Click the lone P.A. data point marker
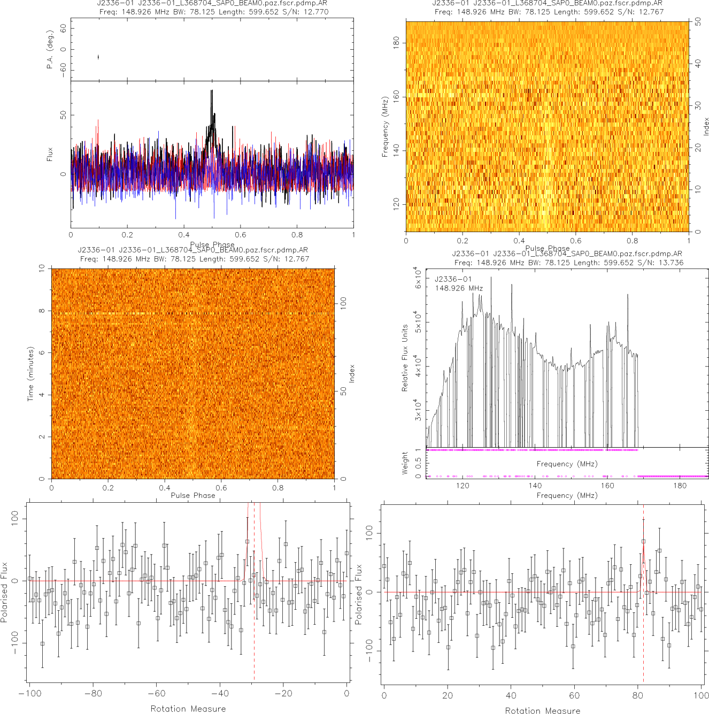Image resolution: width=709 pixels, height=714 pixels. click(98, 57)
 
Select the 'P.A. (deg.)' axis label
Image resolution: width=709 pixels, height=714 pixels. click(50, 49)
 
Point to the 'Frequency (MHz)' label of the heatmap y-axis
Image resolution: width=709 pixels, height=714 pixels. click(384, 127)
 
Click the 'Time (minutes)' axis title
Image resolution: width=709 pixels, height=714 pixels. click(30, 374)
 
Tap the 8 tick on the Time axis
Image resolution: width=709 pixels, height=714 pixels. click(42, 311)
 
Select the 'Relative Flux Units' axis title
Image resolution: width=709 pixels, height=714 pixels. click(405, 358)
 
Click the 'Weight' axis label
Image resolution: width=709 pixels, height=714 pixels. click(405, 463)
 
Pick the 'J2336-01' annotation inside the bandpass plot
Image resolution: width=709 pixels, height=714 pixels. click(453, 279)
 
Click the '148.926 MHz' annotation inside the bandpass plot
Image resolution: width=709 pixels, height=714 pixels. click(459, 288)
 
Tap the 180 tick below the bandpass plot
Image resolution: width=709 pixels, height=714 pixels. click(680, 486)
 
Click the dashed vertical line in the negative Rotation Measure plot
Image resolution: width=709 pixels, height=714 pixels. click(254, 631)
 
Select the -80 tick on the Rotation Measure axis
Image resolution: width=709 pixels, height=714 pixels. click(93, 694)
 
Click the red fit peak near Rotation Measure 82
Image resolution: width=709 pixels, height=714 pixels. click(643, 546)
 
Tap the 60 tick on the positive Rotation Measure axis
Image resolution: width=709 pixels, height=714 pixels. click(574, 695)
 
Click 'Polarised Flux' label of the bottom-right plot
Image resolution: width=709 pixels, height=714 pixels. click(359, 594)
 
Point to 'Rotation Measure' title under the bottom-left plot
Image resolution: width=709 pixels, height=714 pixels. click(188, 709)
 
